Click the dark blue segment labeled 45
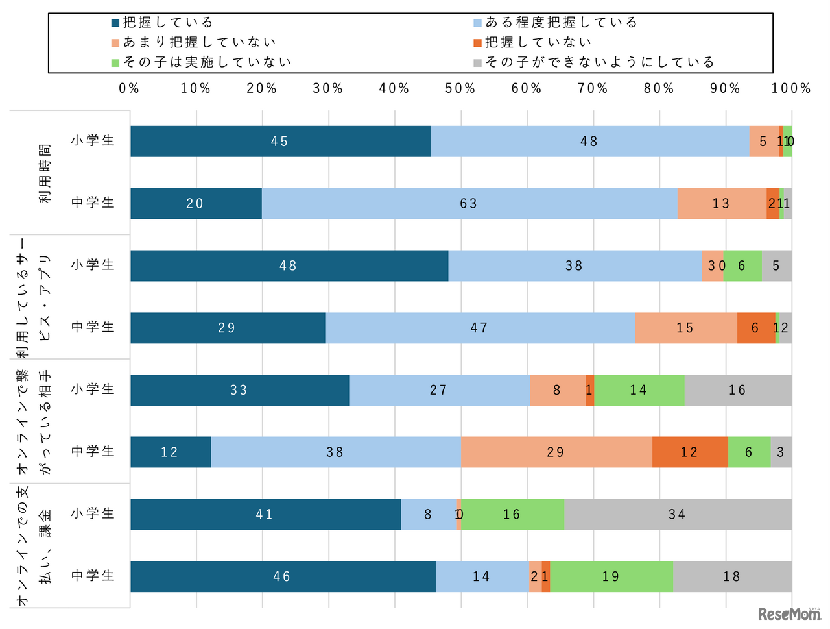pos(280,142)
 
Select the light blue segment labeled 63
pos(469,204)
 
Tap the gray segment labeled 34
pos(677,514)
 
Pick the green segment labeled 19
pos(611,576)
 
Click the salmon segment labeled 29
pos(556,452)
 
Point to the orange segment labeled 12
pos(689,452)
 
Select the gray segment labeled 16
pos(737,390)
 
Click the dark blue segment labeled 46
pos(282,576)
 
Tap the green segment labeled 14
pos(639,390)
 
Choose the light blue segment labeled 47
pos(479,328)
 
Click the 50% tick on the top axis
pos(460,88)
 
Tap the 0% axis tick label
pos(129,88)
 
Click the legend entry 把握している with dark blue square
pos(162,23)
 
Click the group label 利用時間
pos(44,173)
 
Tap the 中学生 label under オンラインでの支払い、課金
pos(93,576)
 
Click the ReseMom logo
pos(788,613)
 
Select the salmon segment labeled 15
pos(685,328)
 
